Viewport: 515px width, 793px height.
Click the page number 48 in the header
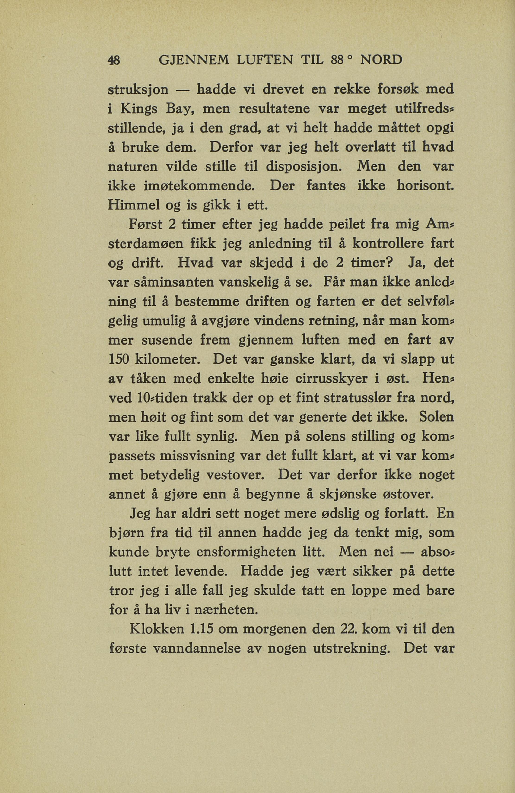(x=115, y=61)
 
